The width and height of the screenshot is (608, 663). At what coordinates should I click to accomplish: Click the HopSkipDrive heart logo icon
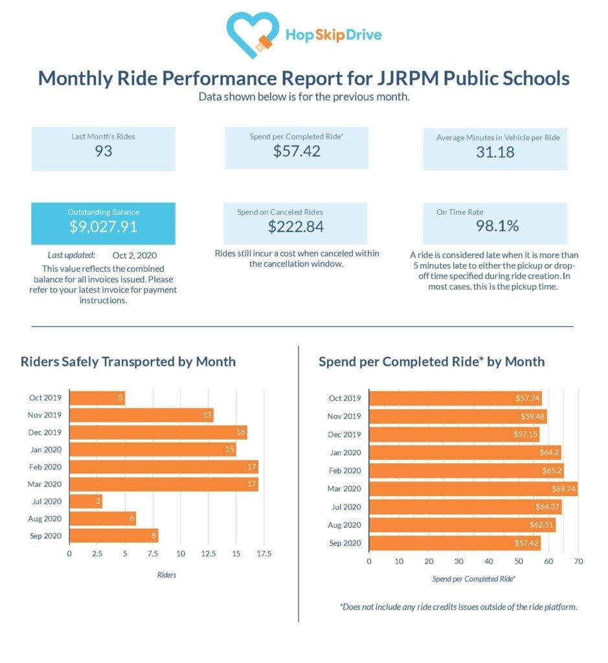tap(253, 33)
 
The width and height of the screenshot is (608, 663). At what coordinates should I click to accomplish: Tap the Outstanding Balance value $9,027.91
tap(103, 227)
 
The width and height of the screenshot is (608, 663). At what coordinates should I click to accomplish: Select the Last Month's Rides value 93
tap(103, 151)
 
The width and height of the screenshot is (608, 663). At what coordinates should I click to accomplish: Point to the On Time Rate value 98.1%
tap(495, 226)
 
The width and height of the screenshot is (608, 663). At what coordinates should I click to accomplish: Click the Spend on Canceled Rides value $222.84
tap(296, 227)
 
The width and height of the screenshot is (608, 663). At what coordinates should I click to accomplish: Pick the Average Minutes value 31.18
tap(495, 152)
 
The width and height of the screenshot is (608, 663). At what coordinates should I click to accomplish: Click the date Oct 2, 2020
tap(134, 255)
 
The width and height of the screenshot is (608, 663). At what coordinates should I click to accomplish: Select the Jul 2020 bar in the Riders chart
tap(85, 501)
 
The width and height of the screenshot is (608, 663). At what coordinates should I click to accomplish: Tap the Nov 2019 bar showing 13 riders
tap(141, 415)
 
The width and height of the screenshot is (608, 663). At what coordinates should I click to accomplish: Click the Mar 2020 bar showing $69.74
tap(472, 488)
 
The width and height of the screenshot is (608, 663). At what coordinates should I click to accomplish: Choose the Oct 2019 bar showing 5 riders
tap(96, 398)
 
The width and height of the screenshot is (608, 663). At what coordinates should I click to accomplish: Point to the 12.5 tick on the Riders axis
tap(208, 554)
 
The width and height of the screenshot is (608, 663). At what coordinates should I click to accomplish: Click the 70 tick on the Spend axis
tap(578, 561)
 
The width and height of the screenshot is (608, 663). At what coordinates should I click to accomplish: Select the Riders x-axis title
tap(166, 574)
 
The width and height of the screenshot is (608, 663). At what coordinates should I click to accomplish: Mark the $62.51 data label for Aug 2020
tap(542, 524)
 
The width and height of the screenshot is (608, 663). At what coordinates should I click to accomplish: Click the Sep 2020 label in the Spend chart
tap(344, 543)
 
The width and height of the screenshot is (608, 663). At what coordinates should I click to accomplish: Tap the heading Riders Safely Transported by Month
tap(128, 361)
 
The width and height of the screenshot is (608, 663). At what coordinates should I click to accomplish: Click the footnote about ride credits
tap(458, 607)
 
